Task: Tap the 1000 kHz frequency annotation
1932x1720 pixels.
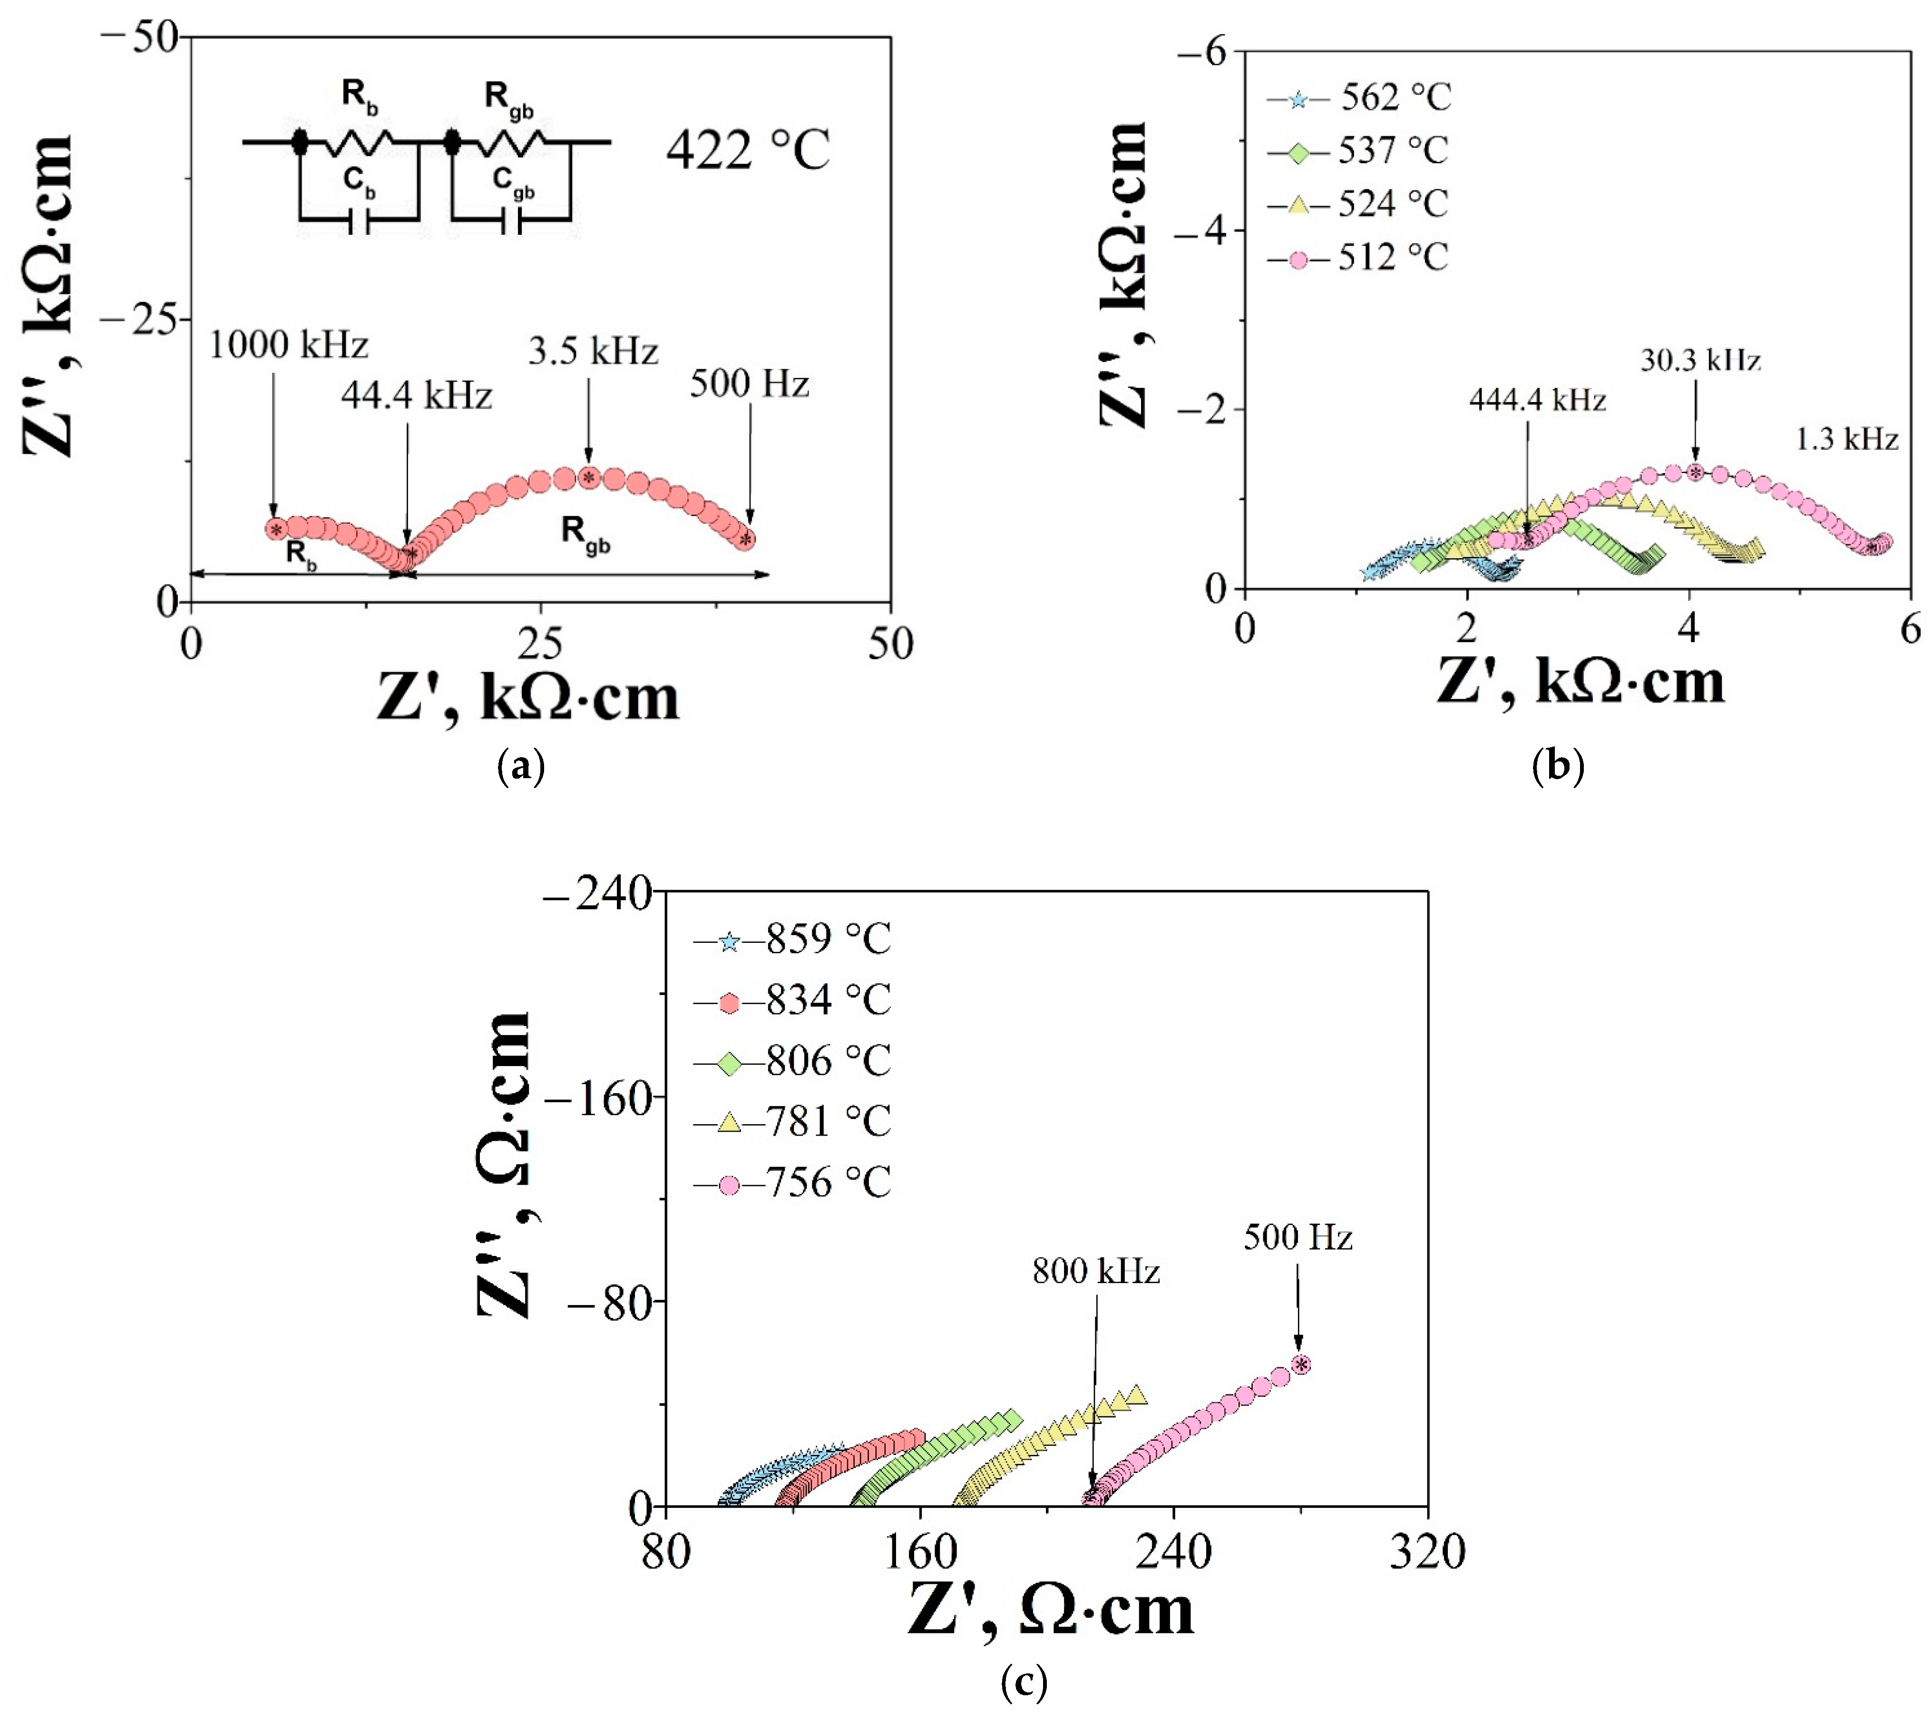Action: (x=288, y=345)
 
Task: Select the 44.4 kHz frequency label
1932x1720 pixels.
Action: (x=417, y=395)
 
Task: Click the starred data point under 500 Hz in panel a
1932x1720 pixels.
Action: (x=747, y=539)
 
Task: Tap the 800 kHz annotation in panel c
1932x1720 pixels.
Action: (x=1095, y=1272)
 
